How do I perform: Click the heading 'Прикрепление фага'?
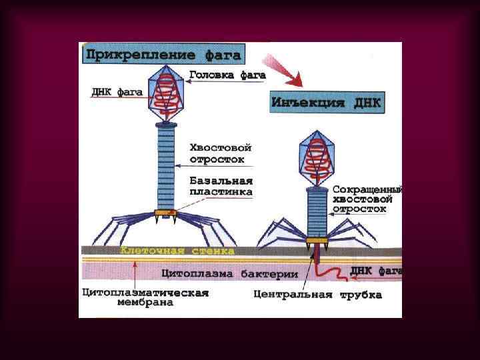pos(163,54)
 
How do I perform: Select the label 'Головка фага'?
pos(227,75)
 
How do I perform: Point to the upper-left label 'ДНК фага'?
pos(117,91)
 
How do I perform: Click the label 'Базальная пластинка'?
pos(221,186)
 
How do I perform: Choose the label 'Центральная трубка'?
pos(317,294)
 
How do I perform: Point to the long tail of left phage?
pos(165,167)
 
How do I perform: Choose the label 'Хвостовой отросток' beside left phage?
pos(216,153)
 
